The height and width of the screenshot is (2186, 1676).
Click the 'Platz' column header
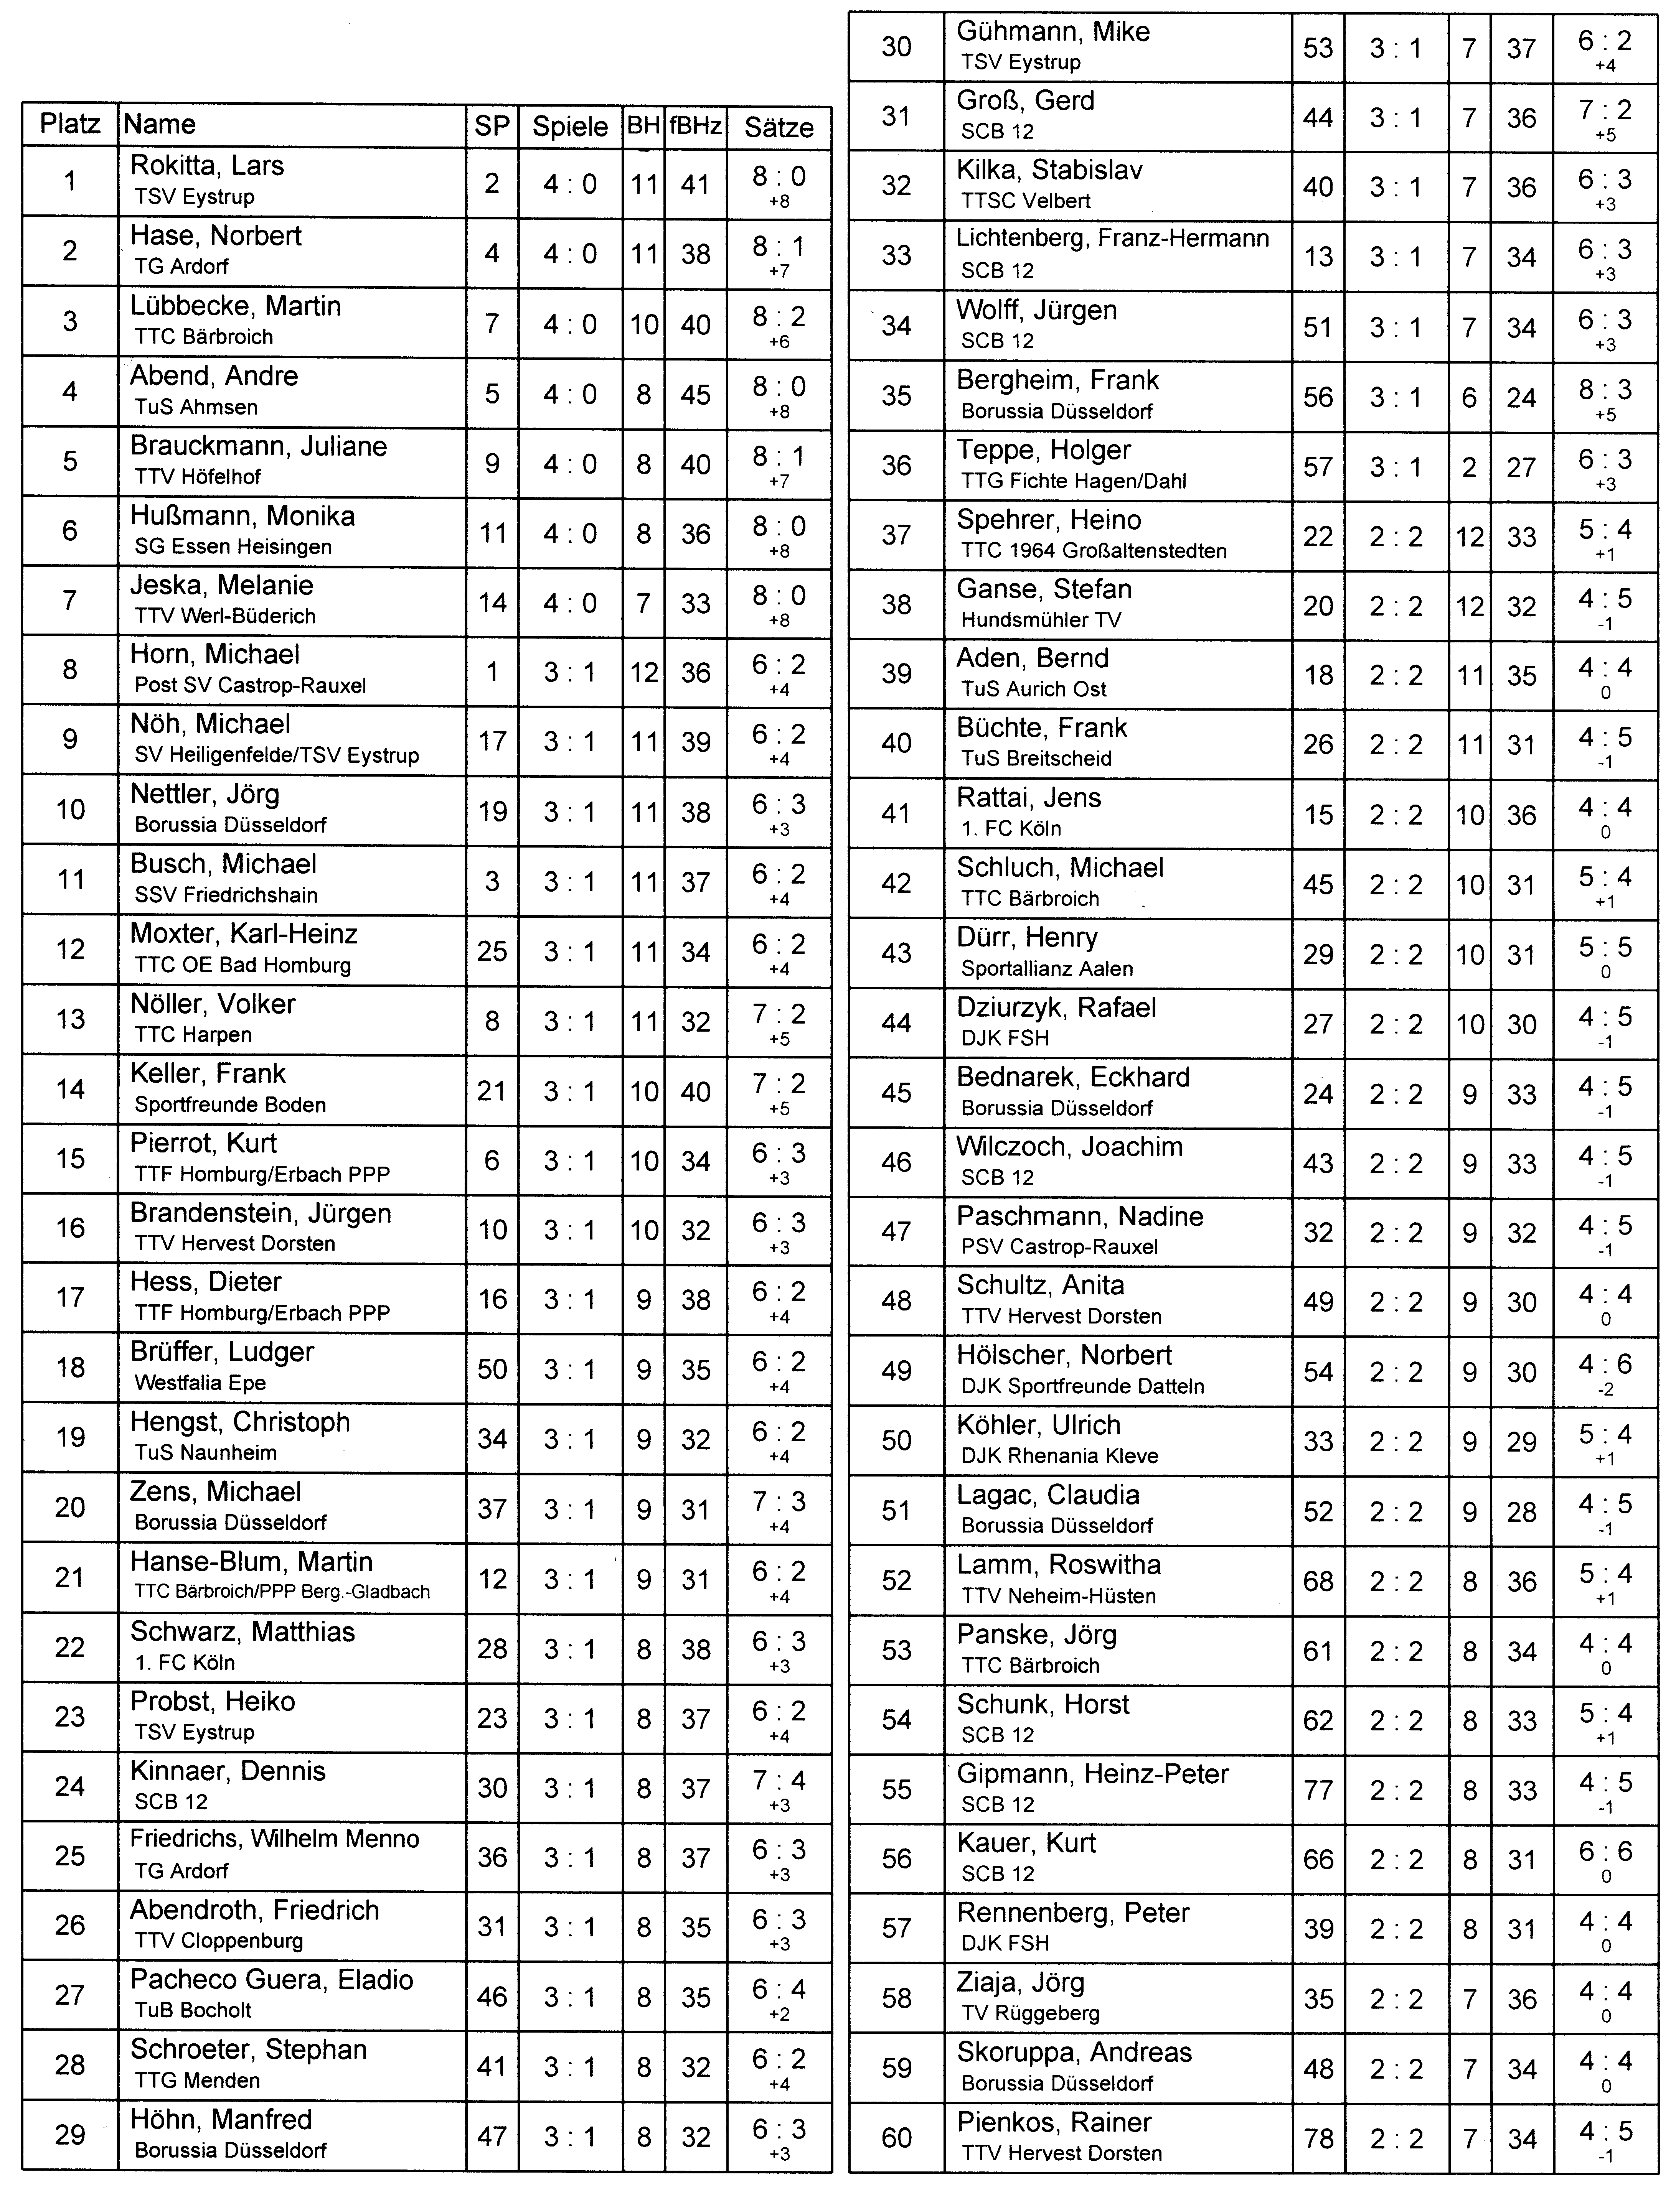pyautogui.click(x=70, y=125)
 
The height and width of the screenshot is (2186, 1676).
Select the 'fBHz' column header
pyautogui.click(x=695, y=126)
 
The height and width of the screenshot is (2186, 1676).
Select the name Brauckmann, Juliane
pyautogui.click(x=258, y=446)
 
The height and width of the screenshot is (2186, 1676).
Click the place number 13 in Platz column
pyautogui.click(x=70, y=1019)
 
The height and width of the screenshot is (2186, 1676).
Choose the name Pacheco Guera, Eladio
pyautogui.click(x=271, y=1980)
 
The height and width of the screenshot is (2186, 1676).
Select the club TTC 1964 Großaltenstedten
pyautogui.click(x=1094, y=550)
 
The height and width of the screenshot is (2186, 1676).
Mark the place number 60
pyautogui.click(x=896, y=2138)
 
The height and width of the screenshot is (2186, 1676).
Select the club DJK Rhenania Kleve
pyautogui.click(x=1059, y=1456)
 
